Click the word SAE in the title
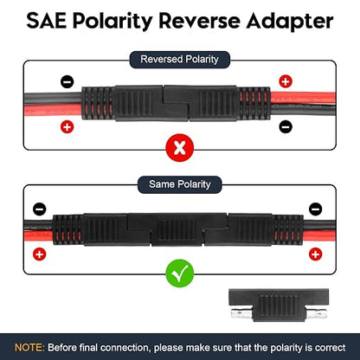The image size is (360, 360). coord(46,21)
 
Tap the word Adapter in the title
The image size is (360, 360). coord(290,22)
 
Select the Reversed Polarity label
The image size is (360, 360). coord(179,60)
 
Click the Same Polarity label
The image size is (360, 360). coord(180,184)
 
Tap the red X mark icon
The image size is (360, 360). coord(180,148)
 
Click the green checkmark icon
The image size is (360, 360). coord(180,273)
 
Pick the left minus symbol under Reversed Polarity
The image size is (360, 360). coord(67,82)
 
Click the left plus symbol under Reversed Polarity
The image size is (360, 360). coord(67,127)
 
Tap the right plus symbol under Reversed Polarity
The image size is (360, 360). coord(286,81)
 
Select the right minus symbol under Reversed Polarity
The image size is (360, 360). coord(286,126)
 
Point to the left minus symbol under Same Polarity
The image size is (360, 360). coord(40,209)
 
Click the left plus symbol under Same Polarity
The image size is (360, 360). coord(40,254)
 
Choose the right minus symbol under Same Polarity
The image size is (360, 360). coord(315,209)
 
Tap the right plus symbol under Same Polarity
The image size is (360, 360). coord(315,254)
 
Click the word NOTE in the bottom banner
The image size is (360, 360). coord(29,347)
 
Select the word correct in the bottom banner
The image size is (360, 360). coord(331,348)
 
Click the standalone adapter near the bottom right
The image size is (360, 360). coord(279,305)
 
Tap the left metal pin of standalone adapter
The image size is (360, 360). coord(241,312)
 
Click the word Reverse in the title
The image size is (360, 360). coord(199,22)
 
